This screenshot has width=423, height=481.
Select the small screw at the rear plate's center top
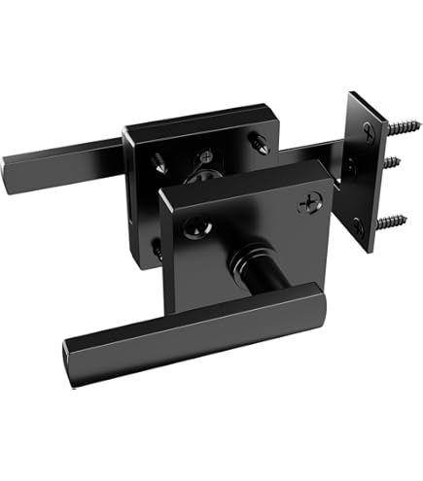coord(207,156)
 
